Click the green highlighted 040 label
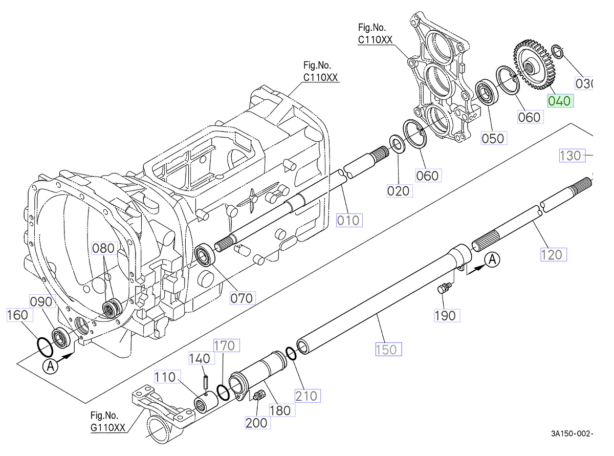pos(559,101)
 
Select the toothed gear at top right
pos(532,67)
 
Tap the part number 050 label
pos(492,138)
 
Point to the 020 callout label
pos(399,191)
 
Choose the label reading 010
pos(348,221)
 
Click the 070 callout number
pos(242,297)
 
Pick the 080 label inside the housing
pos(104,249)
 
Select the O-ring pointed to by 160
pos(45,346)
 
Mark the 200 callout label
pos(256,423)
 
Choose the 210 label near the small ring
pos(306,395)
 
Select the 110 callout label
pos(166,378)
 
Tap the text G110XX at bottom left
pos(107,429)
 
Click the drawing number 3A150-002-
pos(572,433)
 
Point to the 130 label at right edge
pos(571,156)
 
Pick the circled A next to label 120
pos(492,260)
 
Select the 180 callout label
pos(279,410)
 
